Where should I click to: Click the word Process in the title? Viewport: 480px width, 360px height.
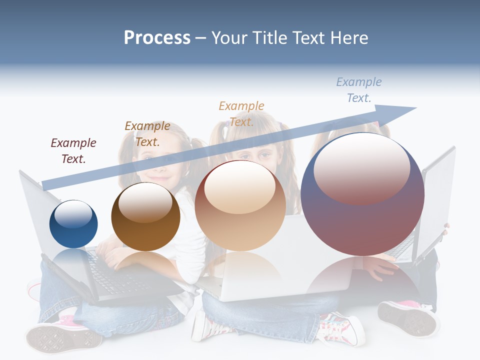(157, 38)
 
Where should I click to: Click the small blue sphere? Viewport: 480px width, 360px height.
(73, 224)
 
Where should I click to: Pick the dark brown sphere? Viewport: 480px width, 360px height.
(145, 216)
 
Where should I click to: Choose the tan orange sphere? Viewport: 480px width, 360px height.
(240, 205)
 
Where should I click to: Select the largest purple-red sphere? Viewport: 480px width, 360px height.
(362, 194)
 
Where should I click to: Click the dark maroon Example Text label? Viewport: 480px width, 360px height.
(73, 151)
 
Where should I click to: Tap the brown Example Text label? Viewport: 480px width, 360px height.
(147, 134)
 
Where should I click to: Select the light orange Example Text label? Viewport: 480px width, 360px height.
(241, 114)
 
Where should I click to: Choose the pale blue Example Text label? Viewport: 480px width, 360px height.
(359, 90)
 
